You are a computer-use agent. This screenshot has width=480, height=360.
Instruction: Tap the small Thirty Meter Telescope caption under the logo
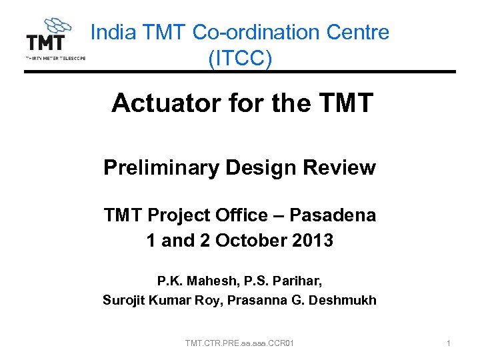tap(55, 58)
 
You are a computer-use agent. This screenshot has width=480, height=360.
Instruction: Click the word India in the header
tap(112, 32)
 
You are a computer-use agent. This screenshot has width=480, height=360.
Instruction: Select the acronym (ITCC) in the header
tap(240, 59)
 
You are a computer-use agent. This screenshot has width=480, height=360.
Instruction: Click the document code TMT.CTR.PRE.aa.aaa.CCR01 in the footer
tap(240, 343)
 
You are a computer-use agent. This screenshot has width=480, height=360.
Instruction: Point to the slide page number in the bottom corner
tap(449, 343)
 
